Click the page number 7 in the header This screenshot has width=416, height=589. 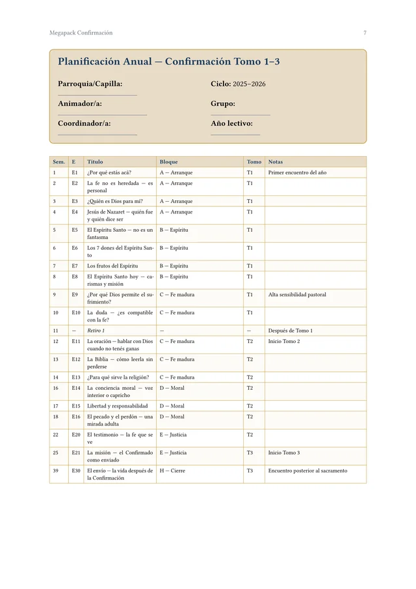[x=365, y=33]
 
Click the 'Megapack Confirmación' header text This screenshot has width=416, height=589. [x=81, y=33]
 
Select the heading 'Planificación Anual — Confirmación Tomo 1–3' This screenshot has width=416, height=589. [x=168, y=62]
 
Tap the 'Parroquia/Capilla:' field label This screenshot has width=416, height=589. [x=90, y=84]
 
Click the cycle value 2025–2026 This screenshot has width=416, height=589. [x=249, y=84]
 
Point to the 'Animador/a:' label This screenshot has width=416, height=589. [x=79, y=103]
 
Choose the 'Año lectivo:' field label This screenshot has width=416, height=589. [x=231, y=123]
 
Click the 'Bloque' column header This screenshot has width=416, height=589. [x=168, y=162]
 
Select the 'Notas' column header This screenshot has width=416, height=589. [x=275, y=162]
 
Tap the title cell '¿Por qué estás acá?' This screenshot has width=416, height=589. [x=109, y=172]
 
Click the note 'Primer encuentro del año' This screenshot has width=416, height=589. [x=297, y=172]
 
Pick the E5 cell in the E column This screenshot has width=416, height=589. [x=75, y=230]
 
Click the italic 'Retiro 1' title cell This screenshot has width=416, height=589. [x=96, y=331]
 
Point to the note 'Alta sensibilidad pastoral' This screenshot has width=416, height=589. [x=297, y=295]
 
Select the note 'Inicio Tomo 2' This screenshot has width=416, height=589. [x=284, y=341]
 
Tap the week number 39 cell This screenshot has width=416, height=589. [x=56, y=471]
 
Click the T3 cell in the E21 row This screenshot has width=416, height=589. [x=250, y=452]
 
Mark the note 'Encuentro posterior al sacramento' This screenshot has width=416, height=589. [x=307, y=471]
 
